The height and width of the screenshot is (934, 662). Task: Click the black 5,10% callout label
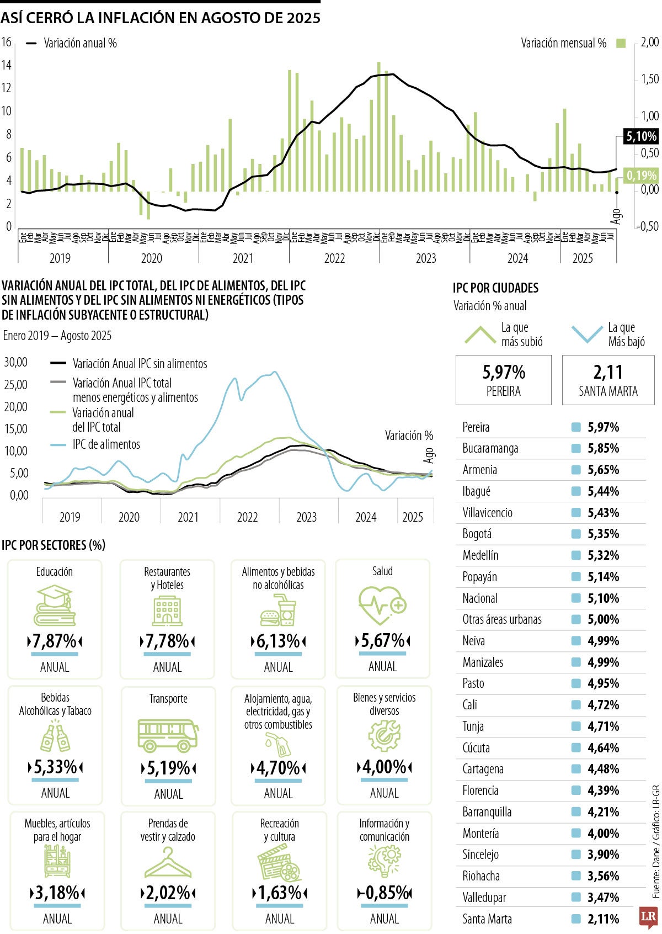tap(640, 136)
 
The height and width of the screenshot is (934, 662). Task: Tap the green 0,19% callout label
tap(640, 176)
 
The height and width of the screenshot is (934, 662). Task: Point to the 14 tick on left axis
tap(7, 65)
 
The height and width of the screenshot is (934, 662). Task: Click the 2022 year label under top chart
tap(334, 258)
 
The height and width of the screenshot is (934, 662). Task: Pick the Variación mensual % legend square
tap(621, 43)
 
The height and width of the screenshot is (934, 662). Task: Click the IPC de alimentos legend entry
tap(106, 444)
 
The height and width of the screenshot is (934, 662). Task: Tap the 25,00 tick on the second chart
tap(15, 385)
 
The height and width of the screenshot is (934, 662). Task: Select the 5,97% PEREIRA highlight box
tap(503, 380)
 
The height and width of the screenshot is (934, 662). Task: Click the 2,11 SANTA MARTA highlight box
tap(608, 380)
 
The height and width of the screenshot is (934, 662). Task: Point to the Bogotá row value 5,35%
tap(603, 534)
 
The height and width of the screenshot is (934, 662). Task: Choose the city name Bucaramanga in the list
tap(490, 448)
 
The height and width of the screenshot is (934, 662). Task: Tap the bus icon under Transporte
tap(168, 735)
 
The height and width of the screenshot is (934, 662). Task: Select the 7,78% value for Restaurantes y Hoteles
tap(167, 641)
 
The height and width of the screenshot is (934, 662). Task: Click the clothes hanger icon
tap(168, 862)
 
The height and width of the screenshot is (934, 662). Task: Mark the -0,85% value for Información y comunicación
tap(385, 893)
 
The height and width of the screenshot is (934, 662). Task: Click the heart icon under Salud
tap(382, 606)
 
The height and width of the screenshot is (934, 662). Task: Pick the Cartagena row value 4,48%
tap(603, 769)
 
